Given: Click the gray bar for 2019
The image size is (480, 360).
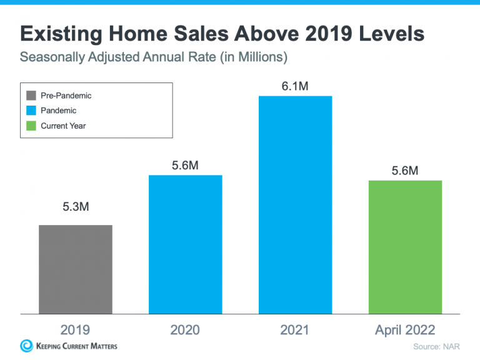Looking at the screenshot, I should tap(76, 269).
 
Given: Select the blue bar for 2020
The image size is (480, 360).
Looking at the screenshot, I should tap(185, 244).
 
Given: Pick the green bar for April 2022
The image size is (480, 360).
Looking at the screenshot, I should tap(405, 246).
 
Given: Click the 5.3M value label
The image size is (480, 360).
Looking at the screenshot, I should tap(76, 207).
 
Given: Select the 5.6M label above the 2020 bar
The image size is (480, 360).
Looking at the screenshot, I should tap(185, 166).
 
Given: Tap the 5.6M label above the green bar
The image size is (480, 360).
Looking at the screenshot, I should tap(405, 171).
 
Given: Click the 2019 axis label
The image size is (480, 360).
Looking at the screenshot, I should tap(75, 330).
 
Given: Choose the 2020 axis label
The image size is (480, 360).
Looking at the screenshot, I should tap(185, 330).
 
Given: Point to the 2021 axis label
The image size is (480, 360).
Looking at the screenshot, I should tap(295, 330).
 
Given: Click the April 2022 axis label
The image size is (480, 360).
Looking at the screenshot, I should tap(405, 330).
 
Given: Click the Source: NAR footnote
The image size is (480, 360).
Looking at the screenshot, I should tap(436, 346).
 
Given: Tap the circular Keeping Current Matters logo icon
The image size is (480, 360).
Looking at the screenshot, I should tap(27, 346).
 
